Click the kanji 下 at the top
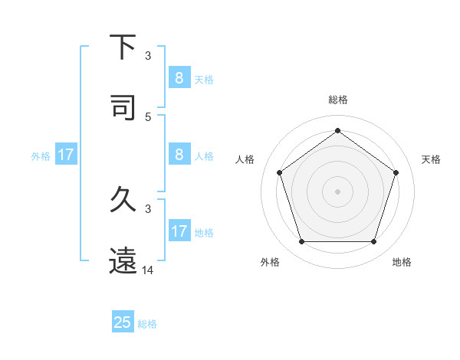[x=123, y=47]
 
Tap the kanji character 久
[x=123, y=200]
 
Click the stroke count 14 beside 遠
[x=148, y=270]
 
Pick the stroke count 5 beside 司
[x=148, y=116]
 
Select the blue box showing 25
[x=123, y=322]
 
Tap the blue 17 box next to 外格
[x=66, y=155]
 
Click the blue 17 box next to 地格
[x=179, y=231]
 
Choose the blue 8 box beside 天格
[x=179, y=77]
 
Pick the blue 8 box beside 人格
[x=179, y=155]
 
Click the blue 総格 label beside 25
[x=147, y=324]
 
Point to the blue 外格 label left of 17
[x=41, y=156]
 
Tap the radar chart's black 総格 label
[x=338, y=100]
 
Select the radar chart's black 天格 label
[x=432, y=159]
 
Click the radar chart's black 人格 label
[x=245, y=159]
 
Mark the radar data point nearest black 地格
[x=373, y=242]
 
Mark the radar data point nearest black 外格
[x=301, y=242]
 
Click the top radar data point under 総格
[x=337, y=130]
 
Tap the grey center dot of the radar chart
[x=337, y=191]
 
